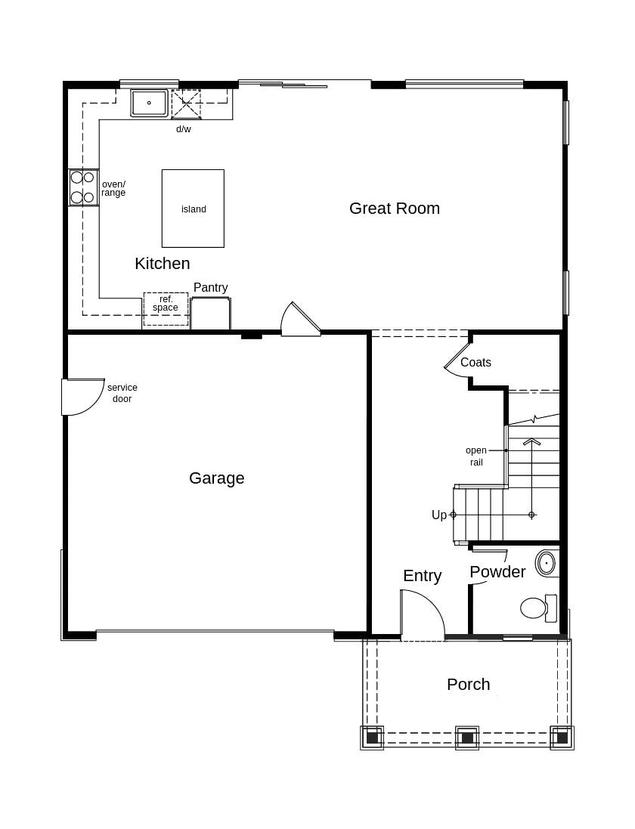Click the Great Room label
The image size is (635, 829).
coord(394,209)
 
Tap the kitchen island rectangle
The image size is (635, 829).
coord(193,209)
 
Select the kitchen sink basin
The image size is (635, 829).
coord(149,103)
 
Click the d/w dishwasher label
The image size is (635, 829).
coord(184,129)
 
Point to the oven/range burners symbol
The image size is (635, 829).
coord(82,187)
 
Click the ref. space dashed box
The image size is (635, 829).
coord(166,309)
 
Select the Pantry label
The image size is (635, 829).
coord(210,288)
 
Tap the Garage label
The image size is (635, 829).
coord(216,478)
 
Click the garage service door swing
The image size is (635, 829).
coord(82,396)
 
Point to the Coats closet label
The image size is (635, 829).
coord(475,363)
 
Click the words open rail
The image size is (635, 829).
coord(476,456)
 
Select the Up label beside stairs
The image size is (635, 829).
coord(438,515)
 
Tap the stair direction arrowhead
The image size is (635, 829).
coord(531,441)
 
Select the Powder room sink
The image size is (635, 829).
coord(546,563)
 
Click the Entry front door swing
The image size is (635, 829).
coord(421,614)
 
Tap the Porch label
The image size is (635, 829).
coord(468,685)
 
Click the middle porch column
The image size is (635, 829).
coord(467,738)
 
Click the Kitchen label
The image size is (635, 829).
coord(162,264)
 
